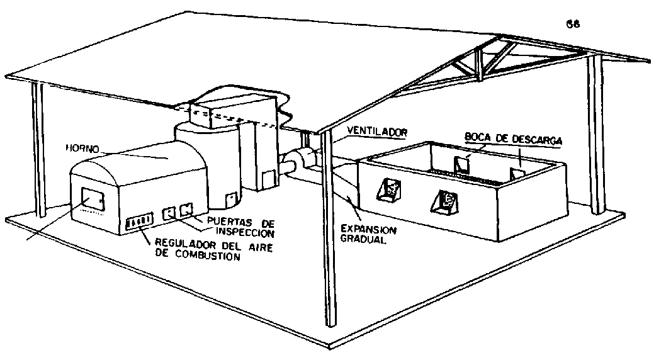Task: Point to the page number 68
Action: click(573, 26)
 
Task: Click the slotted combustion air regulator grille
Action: click(139, 221)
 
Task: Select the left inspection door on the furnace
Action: click(169, 213)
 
